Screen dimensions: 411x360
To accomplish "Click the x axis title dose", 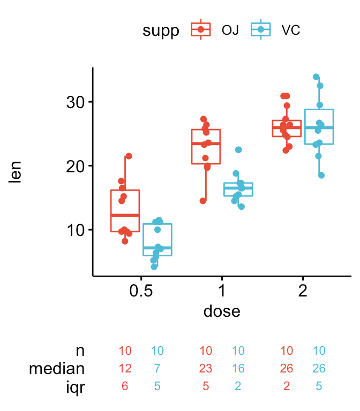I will tap(222, 311).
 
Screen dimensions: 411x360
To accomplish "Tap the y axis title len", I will tap(16, 172).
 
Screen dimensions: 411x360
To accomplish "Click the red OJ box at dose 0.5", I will tap(125, 211).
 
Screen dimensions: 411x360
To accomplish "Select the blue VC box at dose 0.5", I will tap(157, 240).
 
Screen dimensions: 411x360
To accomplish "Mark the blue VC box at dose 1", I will tap(238, 189).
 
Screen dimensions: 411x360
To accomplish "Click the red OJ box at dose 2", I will tap(286, 128).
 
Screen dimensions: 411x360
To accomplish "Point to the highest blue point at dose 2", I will tap(316, 77).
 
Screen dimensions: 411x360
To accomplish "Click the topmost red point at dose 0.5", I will tap(129, 156).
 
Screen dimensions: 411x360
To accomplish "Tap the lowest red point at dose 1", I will tap(202, 201).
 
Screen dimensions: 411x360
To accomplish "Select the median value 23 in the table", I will tap(206, 369).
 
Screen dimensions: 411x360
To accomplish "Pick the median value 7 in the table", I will tap(157, 369).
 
